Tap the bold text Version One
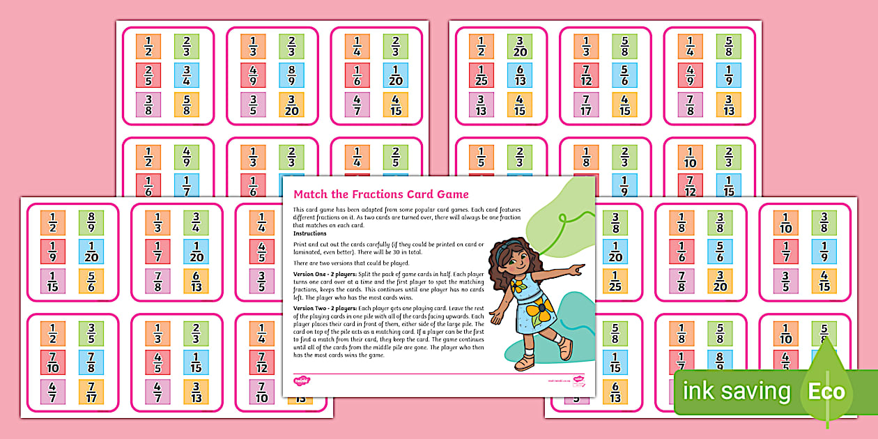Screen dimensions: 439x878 tap(314, 275)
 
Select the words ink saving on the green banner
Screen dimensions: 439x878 tap(736, 391)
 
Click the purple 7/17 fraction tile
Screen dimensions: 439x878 tap(586, 105)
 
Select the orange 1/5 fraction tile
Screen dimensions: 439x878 tap(482, 157)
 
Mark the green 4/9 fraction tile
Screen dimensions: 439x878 tap(187, 157)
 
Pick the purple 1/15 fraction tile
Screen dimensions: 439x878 tap(52, 281)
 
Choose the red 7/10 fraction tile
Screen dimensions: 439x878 tap(52, 362)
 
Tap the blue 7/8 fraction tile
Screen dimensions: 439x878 tap(91, 362)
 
